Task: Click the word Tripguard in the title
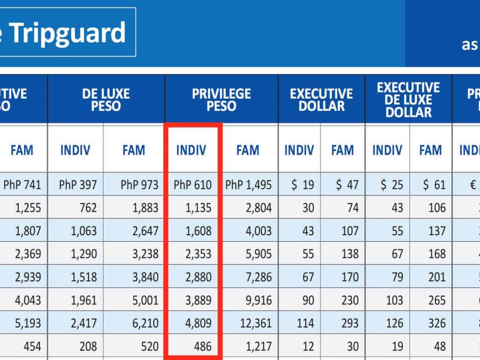67,32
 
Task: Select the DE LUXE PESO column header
106,100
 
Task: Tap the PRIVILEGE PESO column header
222,100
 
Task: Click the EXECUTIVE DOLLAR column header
322,100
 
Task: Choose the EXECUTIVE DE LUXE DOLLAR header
409,100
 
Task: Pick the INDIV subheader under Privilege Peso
191,150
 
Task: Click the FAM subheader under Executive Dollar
342,150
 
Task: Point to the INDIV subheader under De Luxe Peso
76,150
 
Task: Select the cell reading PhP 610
193,185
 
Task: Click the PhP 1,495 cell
249,185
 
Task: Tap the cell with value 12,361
256,323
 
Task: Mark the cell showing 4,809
199,323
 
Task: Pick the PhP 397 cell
78,185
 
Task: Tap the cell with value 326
436,323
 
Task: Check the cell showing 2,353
199,254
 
